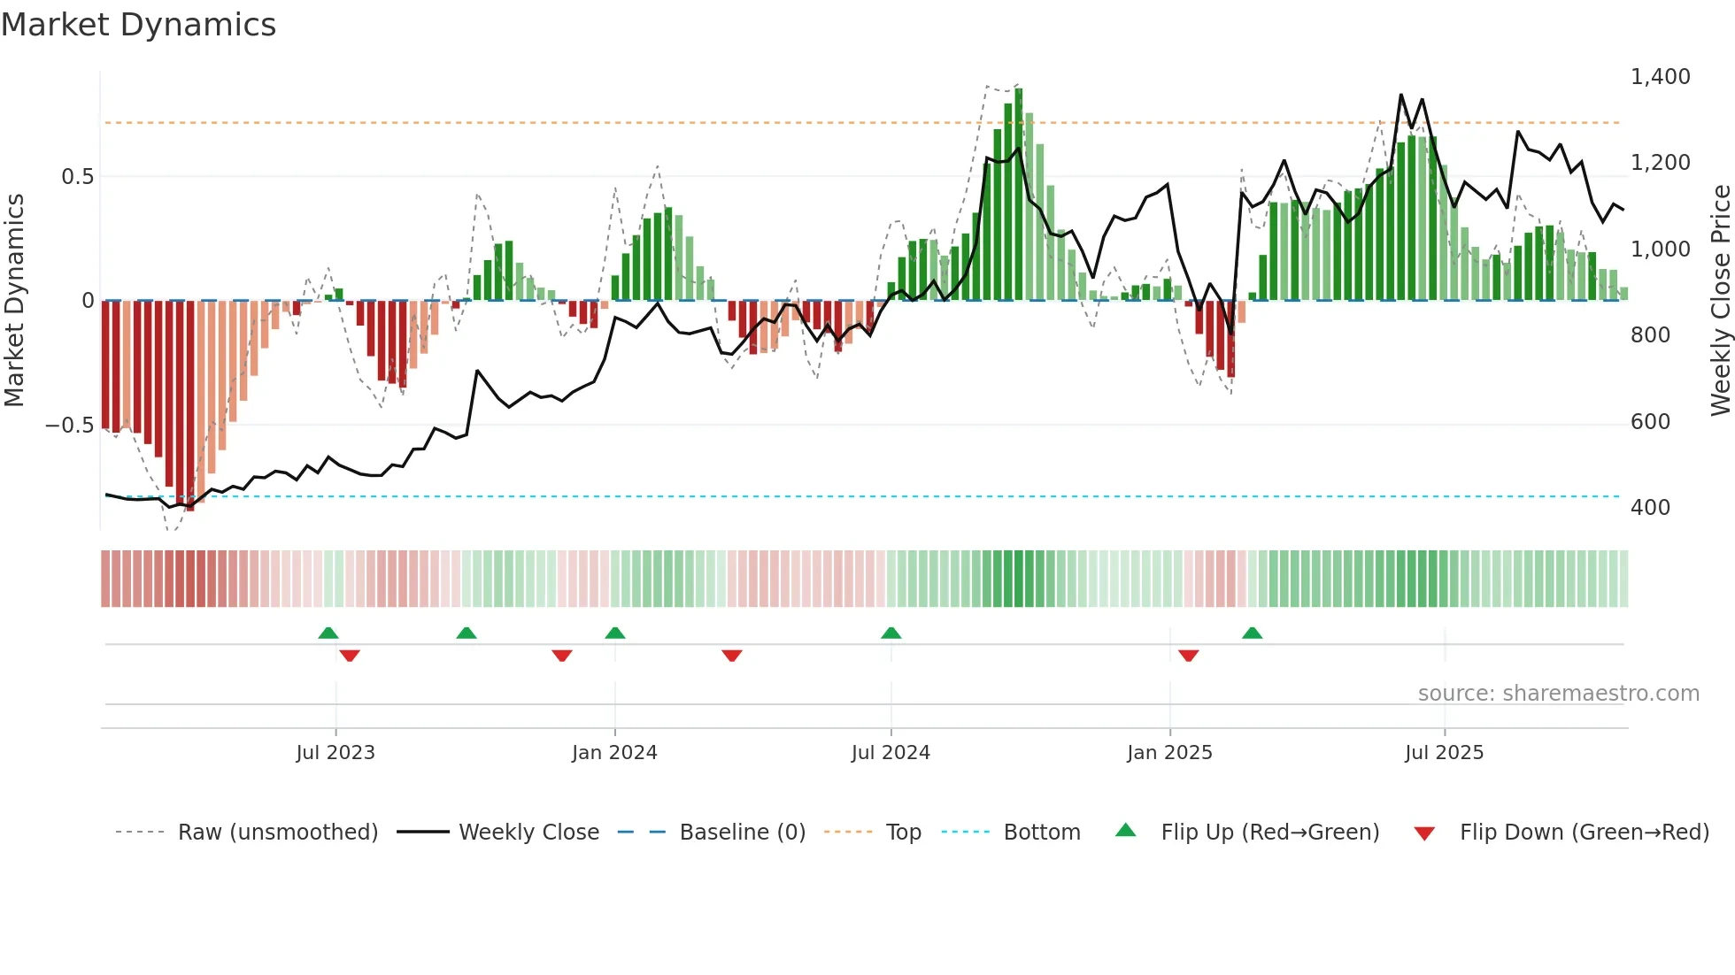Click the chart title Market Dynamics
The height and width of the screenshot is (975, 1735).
138,25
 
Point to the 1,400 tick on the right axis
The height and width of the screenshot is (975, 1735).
1660,77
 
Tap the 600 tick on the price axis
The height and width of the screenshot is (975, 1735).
1650,422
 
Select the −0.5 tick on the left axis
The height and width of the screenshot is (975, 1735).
69,426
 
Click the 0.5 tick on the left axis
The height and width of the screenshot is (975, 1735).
77,177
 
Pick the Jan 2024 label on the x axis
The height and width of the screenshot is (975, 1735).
614,753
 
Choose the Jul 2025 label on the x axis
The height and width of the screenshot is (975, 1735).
1444,753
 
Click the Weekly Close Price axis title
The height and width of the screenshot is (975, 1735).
1720,301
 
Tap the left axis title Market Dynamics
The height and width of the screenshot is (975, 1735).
14,301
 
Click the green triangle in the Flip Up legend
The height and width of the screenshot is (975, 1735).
1125,831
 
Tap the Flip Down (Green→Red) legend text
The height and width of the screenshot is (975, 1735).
1584,833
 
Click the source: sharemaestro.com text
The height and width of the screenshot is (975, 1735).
1558,694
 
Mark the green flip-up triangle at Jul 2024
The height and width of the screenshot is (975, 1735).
891,633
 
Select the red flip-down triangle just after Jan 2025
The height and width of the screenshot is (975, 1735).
1188,656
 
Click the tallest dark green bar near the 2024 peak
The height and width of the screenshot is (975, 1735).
1018,195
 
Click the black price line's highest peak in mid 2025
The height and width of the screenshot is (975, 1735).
1400,95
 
